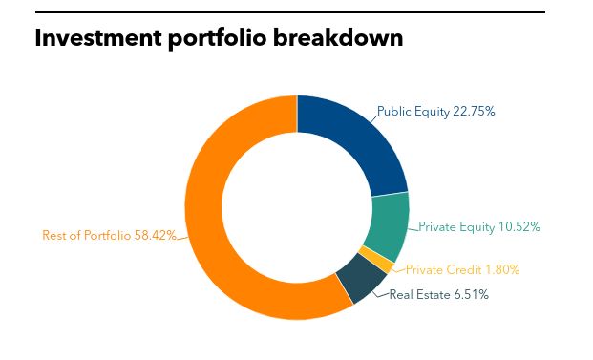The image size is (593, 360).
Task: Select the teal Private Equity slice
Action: click(x=388, y=222)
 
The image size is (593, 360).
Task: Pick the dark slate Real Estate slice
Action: click(x=356, y=282)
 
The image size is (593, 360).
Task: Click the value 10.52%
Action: click(x=519, y=227)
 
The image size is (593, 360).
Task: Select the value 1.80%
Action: click(x=499, y=270)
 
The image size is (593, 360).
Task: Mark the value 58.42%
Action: click(x=155, y=235)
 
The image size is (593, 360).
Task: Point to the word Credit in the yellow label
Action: click(x=456, y=270)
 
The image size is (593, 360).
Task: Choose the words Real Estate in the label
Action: click(x=418, y=295)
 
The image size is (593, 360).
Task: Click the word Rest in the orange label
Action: click(x=55, y=235)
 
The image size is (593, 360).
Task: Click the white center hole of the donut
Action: click(x=297, y=207)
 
